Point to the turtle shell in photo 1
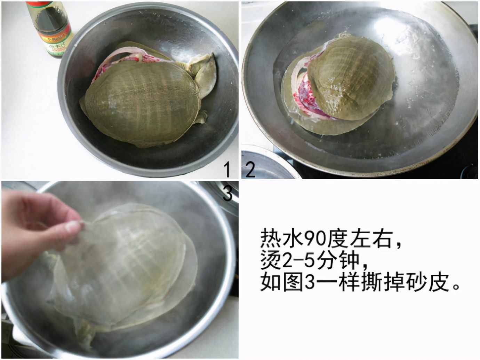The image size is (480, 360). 143,101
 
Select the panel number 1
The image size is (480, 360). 227,170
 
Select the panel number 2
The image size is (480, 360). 251,170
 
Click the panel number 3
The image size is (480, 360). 227,194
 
